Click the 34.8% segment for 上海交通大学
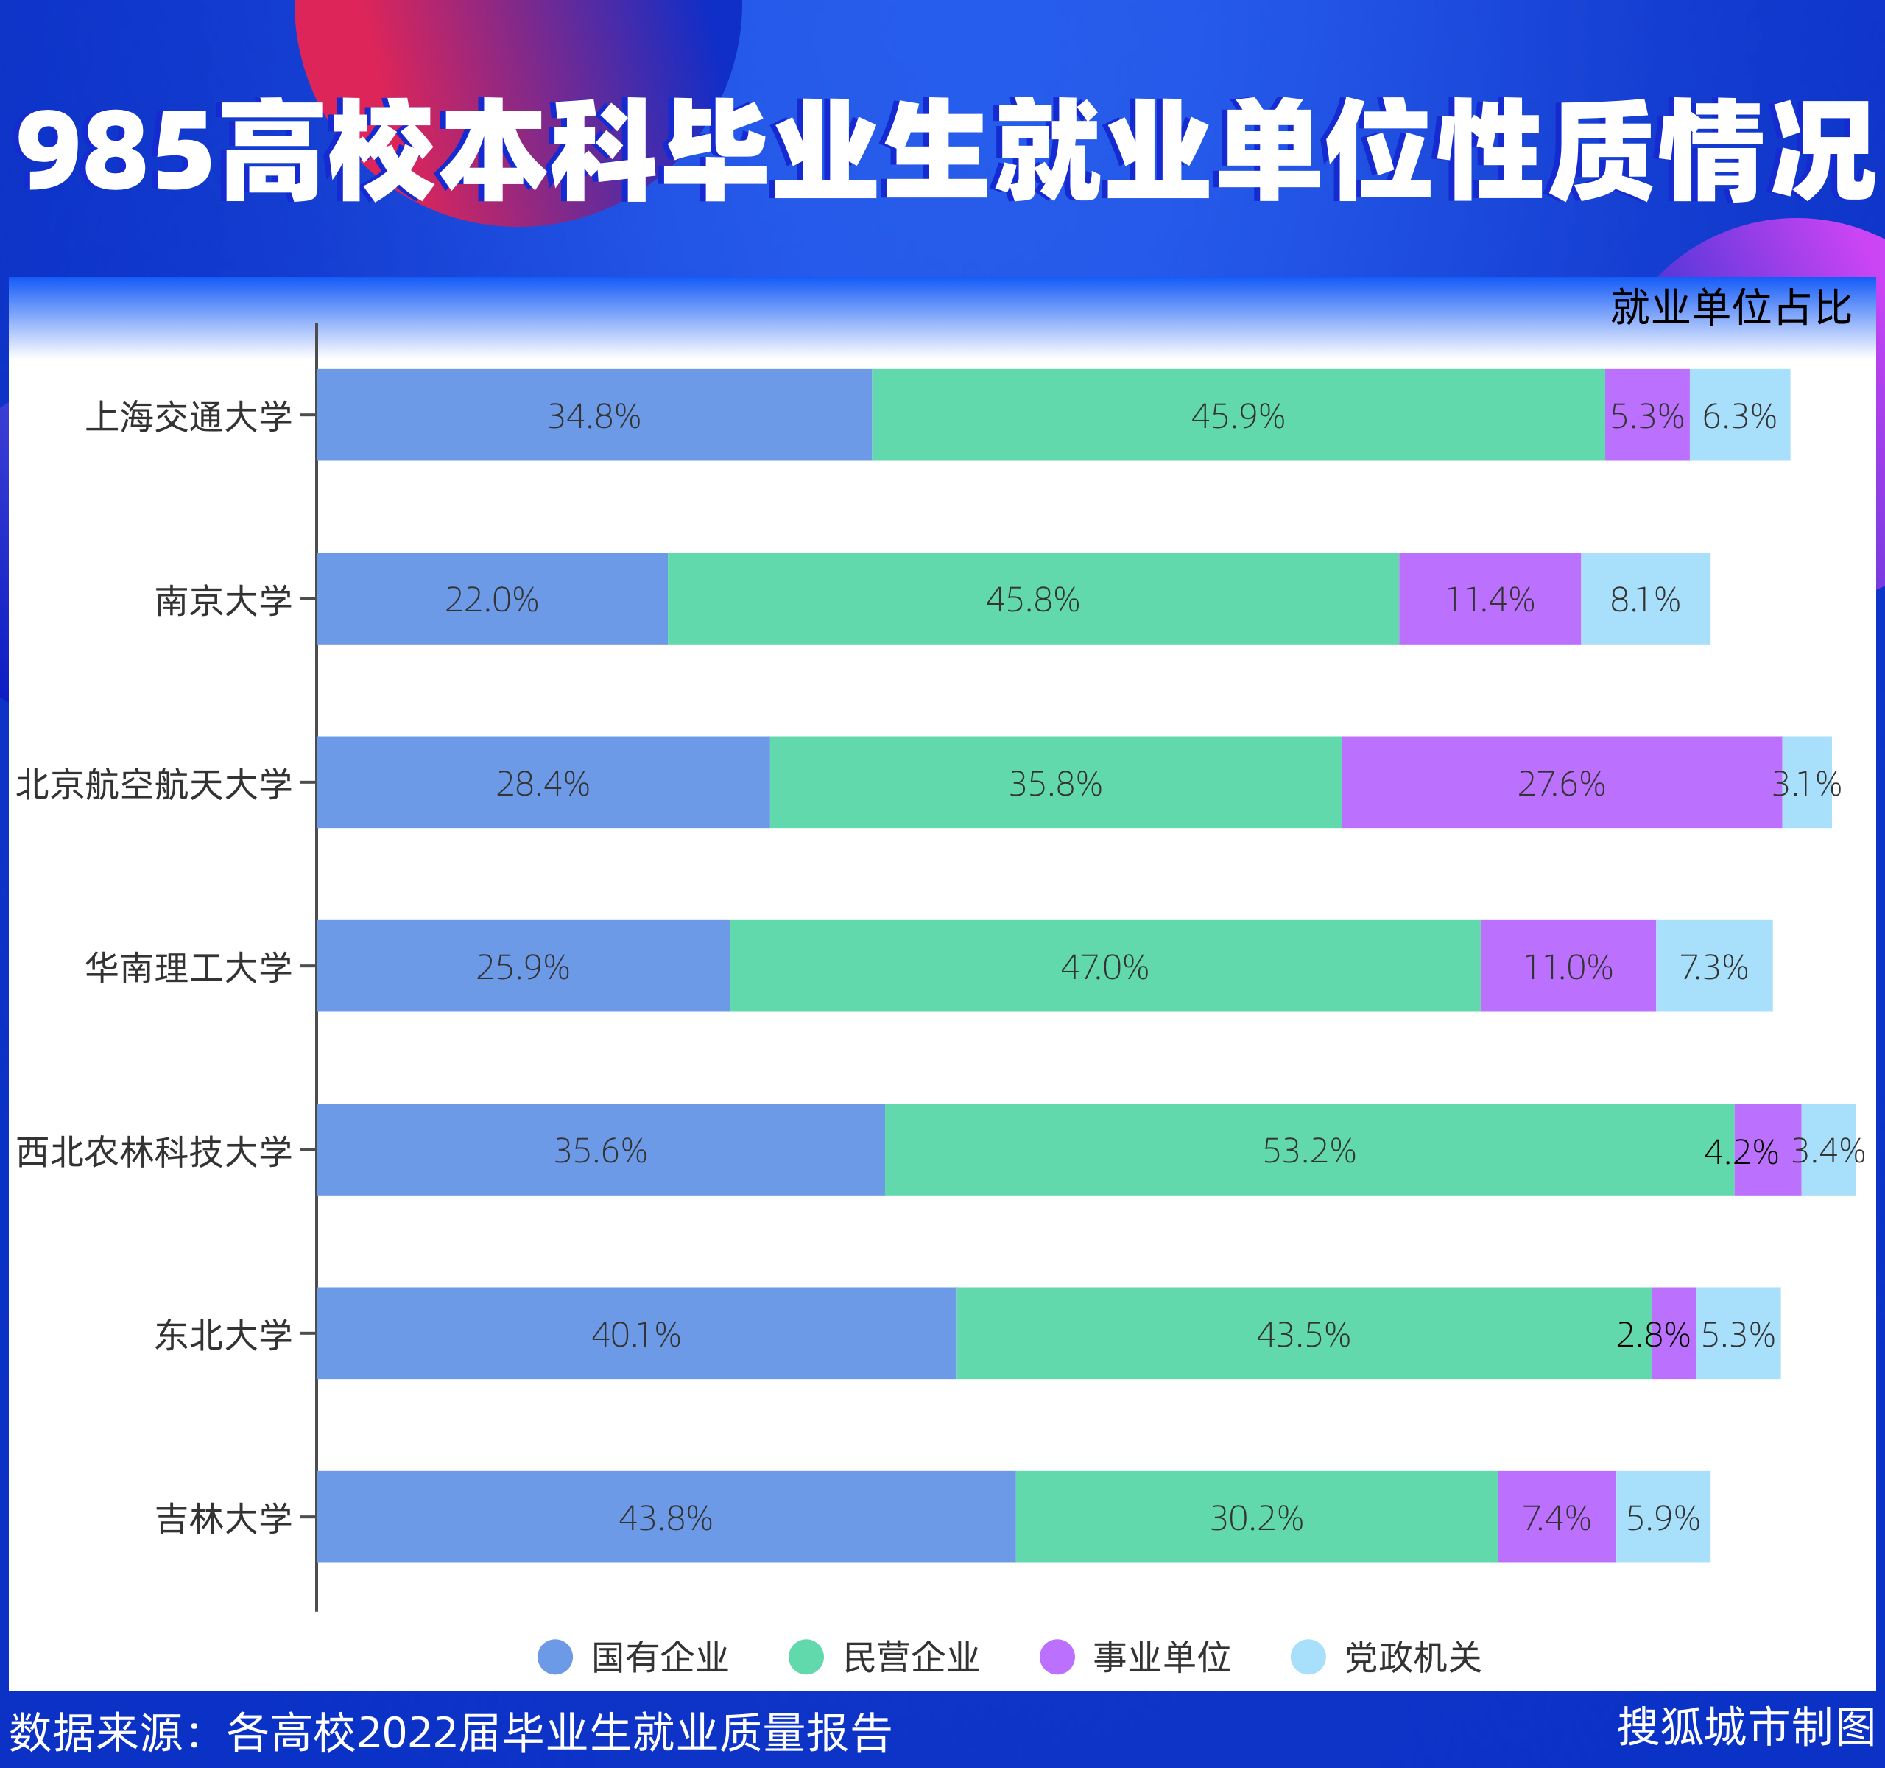coord(593,415)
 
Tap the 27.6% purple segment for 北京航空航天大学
coord(1561,782)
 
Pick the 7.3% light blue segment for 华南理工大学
coord(1713,966)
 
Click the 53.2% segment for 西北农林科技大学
coord(1308,1150)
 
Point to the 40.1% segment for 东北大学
coord(635,1333)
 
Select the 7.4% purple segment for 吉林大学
coord(1556,1518)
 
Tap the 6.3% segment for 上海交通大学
coord(1739,415)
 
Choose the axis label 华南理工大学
coord(188,967)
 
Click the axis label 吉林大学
coord(224,1518)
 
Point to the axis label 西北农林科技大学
coord(154,1151)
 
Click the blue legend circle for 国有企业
coord(554,1657)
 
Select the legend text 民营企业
coord(910,1657)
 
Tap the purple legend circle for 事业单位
coord(1057,1657)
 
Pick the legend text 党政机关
coord(1412,1657)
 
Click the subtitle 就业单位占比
coord(1730,307)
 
